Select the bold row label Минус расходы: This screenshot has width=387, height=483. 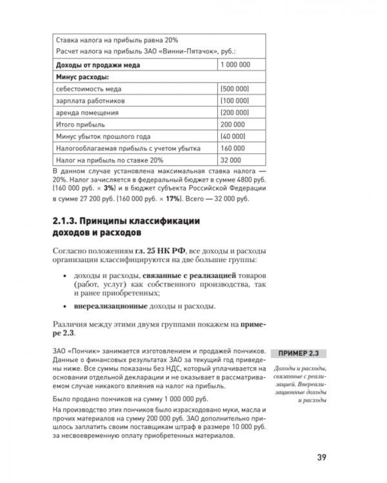coord(83,77)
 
